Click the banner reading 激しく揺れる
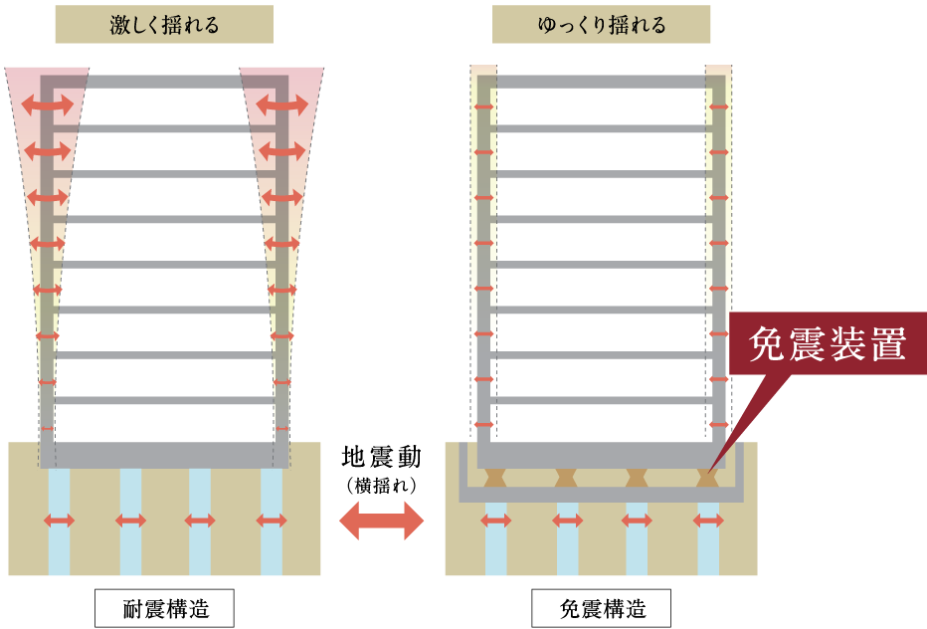[164, 24]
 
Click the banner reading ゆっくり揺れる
[601, 24]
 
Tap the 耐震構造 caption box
[164, 608]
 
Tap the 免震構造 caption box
[601, 608]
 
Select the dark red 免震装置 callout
[828, 343]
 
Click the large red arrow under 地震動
[381, 521]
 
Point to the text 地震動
[381, 458]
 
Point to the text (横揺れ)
[381, 486]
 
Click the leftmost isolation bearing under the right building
[496, 478]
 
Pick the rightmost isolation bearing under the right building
[707, 478]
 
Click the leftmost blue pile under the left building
[59, 522]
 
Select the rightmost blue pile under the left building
[272, 522]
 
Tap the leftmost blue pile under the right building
[496, 538]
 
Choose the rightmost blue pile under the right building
[708, 538]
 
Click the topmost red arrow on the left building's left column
[48, 105]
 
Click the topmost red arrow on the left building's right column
[282, 105]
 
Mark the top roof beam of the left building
[164, 82]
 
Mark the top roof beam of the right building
[601, 82]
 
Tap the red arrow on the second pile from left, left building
[130, 521]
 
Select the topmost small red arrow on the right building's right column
[719, 107]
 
